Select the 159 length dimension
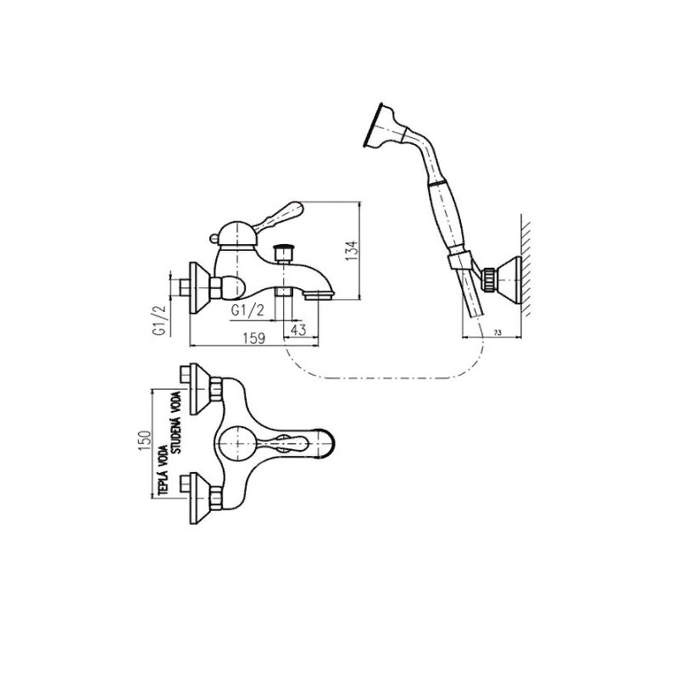[255, 337]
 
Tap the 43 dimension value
[297, 328]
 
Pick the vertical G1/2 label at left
[158, 321]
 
